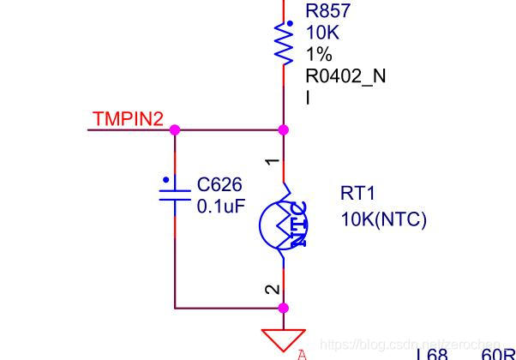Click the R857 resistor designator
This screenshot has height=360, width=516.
[327, 12]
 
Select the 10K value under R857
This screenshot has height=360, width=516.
[321, 33]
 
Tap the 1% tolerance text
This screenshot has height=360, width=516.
[318, 54]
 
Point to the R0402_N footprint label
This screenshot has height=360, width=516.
[345, 75]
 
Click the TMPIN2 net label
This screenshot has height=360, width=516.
[128, 119]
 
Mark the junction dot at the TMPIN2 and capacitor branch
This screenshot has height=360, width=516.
[175, 129]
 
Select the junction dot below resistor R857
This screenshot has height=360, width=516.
[284, 129]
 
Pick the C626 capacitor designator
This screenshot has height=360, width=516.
[219, 185]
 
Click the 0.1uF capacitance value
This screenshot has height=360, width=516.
[220, 206]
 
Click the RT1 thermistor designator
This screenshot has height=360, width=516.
[357, 195]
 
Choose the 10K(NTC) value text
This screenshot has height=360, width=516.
[383, 219]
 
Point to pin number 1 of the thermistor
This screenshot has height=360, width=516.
[272, 160]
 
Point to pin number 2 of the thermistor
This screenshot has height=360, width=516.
[272, 289]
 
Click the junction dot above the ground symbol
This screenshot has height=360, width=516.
[284, 308]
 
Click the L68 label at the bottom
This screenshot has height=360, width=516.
[432, 354]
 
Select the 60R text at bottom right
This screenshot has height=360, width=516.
[498, 354]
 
